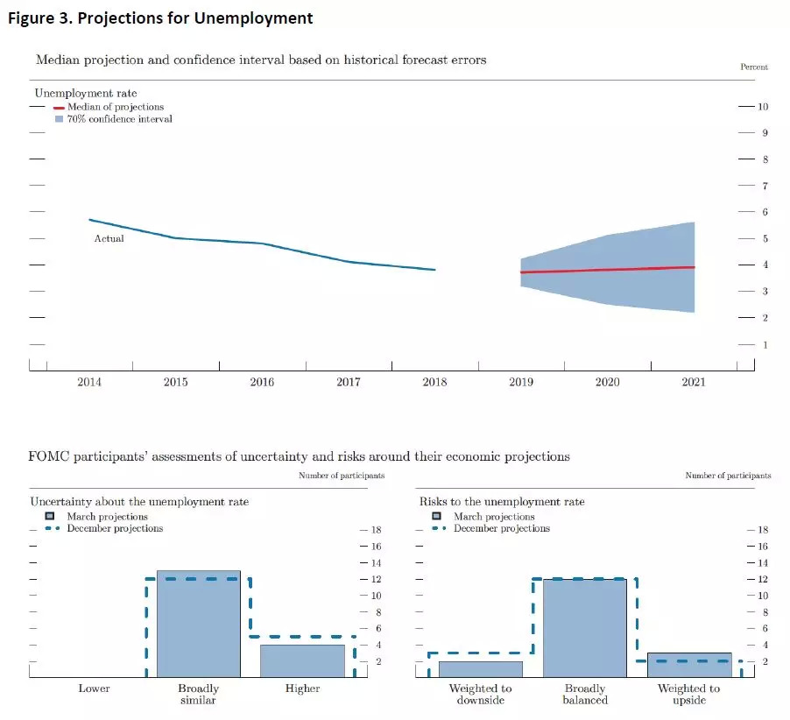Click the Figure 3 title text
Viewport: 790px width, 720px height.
160,18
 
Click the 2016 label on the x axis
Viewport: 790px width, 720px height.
262,382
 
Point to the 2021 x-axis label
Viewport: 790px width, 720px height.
693,382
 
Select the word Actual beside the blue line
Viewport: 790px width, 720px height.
109,238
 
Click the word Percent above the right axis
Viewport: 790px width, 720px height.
754,67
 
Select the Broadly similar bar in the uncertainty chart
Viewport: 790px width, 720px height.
198,624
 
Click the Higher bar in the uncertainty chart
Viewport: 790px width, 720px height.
302,660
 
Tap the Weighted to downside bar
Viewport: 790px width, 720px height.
480,669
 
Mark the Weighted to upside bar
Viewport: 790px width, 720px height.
688,665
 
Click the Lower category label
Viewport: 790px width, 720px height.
94,688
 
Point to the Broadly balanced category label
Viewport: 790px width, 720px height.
584,695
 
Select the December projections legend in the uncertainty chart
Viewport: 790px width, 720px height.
115,528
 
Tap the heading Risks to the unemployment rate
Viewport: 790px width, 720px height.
502,502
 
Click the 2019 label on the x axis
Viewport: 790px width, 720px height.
521,382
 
